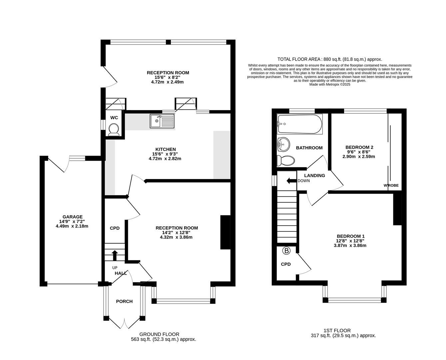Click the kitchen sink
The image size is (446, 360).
[x=162, y=121]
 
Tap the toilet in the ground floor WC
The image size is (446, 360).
[x=114, y=130]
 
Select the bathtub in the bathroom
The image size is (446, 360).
[x=300, y=124]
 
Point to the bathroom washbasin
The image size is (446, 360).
[x=283, y=144]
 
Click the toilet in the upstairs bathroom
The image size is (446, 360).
[x=286, y=161]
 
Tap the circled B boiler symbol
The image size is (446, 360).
[x=286, y=251]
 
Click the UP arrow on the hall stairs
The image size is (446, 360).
[x=115, y=255]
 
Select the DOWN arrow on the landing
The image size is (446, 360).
[x=291, y=181]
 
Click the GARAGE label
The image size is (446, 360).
[x=73, y=217]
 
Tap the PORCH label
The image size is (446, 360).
[x=124, y=301]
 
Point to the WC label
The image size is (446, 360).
[x=114, y=118]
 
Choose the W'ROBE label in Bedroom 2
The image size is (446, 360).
[x=391, y=185]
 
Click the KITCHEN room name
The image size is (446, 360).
[x=166, y=149]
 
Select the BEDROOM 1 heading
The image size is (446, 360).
[x=350, y=236]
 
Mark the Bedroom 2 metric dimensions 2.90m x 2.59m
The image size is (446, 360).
[x=359, y=157]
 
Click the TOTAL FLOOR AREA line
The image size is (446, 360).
[x=329, y=59]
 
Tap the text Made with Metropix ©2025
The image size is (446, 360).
[x=329, y=84]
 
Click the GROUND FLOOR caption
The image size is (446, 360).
[x=159, y=334]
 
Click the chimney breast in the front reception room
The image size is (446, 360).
[x=225, y=232]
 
